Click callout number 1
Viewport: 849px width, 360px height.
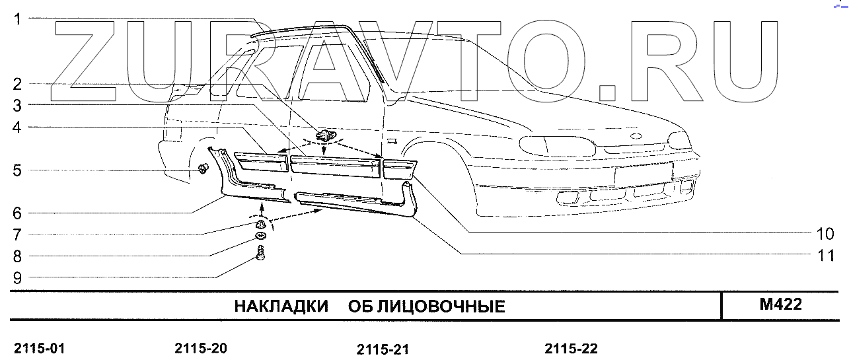click(18, 20)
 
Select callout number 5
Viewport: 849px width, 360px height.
click(18, 170)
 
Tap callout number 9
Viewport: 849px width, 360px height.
click(18, 278)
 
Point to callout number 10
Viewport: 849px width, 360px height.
click(825, 234)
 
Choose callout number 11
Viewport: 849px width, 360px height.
click(825, 256)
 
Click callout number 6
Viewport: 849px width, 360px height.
click(18, 213)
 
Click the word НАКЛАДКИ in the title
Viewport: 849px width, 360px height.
click(281, 306)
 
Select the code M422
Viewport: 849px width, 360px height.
click(781, 305)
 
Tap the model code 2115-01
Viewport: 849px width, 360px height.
click(39, 349)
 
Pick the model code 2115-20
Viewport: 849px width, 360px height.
click(201, 348)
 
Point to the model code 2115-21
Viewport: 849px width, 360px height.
click(382, 349)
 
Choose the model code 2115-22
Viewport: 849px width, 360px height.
click(571, 349)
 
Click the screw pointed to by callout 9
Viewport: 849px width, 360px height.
click(260, 253)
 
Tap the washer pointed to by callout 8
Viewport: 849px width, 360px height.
click(262, 236)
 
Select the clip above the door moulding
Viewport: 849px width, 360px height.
click(324, 137)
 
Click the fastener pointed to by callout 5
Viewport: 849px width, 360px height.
click(203, 168)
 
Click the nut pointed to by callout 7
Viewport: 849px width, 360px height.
click(262, 224)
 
